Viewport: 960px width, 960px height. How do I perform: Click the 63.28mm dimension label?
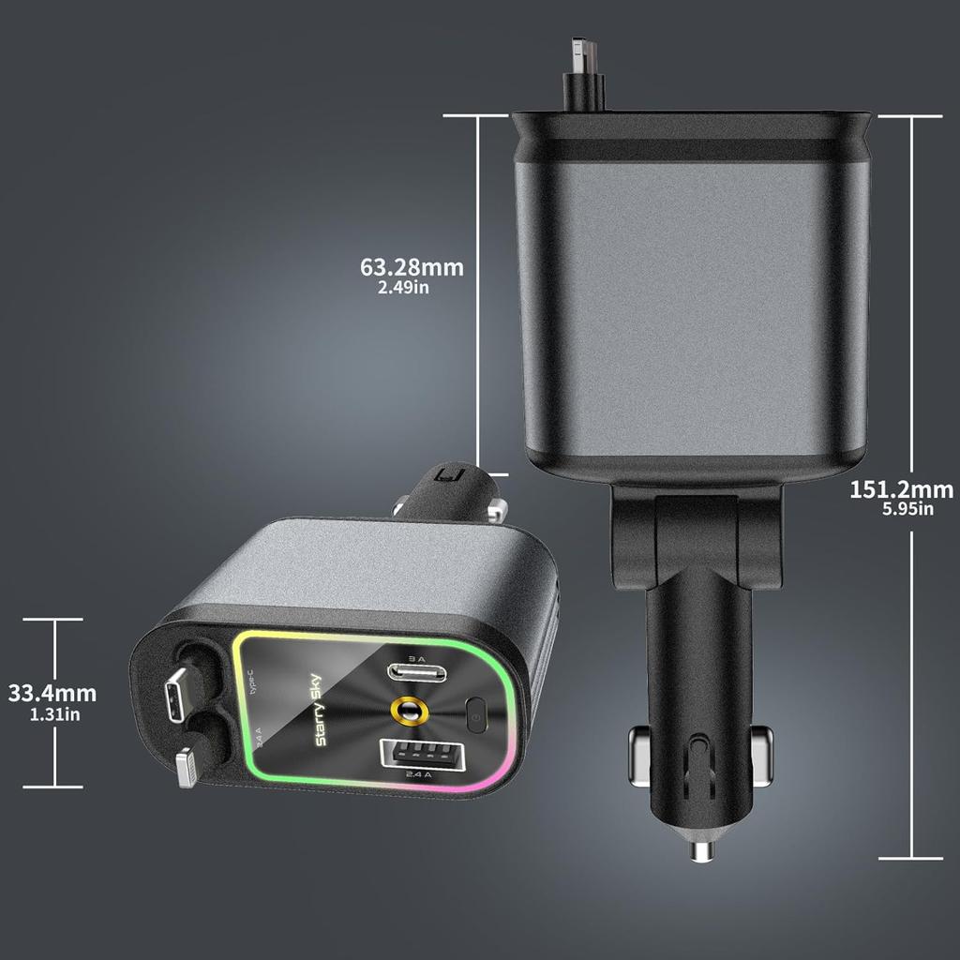click(x=412, y=267)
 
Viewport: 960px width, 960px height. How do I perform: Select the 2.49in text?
click(x=403, y=288)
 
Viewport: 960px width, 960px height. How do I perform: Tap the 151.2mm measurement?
click(x=901, y=488)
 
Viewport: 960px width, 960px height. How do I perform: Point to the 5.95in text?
click(x=907, y=509)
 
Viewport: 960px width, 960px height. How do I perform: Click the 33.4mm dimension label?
click(x=52, y=694)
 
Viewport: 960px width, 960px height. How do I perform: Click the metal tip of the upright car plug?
click(x=699, y=849)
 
